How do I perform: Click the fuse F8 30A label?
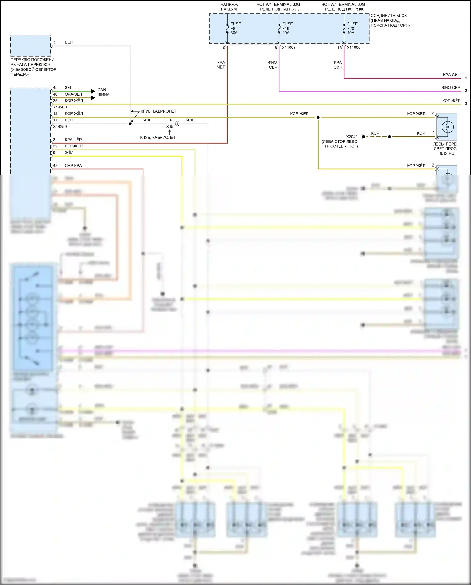tap(235, 28)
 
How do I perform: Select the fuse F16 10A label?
tap(287, 28)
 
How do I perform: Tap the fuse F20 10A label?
tap(352, 28)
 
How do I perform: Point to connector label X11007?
tap(289, 47)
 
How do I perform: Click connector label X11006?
tap(354, 47)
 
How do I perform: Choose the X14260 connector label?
tap(60, 107)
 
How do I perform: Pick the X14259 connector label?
tap(60, 127)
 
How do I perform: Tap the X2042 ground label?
tap(352, 137)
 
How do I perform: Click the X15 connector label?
tap(170, 127)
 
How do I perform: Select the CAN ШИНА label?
tap(103, 92)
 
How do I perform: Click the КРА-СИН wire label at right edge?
tap(452, 75)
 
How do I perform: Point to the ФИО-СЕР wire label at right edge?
tap(451, 88)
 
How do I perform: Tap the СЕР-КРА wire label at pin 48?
tap(73, 166)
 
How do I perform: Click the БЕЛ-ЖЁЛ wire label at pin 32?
tap(73, 146)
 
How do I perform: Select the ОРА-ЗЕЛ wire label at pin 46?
tap(73, 94)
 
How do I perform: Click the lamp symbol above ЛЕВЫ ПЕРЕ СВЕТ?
tap(447, 127)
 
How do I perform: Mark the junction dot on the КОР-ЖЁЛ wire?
tap(318, 117)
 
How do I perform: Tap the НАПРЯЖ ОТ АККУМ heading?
tap(228, 7)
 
